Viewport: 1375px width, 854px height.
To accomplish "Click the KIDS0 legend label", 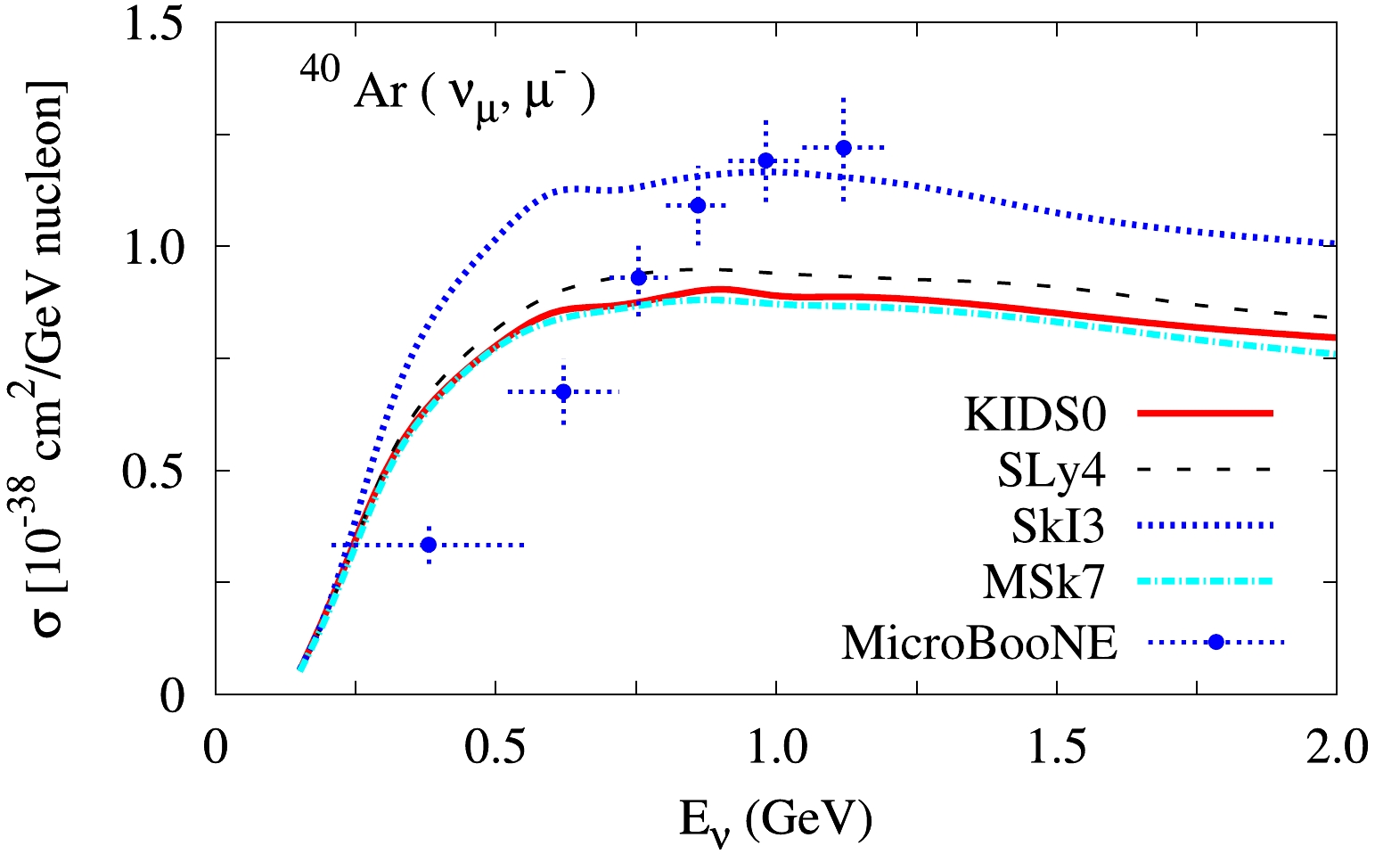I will [x=1035, y=415].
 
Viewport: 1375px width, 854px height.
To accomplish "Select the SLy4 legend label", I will [x=1051, y=472].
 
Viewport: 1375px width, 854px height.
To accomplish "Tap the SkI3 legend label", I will [x=1058, y=528].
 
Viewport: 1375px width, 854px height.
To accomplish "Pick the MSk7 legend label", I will [x=1044, y=584].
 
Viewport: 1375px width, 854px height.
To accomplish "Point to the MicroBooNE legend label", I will [x=978, y=643].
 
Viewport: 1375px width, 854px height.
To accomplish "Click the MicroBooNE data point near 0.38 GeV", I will [x=429, y=545].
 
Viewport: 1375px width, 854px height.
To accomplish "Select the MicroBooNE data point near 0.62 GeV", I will [x=563, y=391].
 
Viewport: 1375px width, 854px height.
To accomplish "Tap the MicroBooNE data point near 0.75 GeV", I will [x=638, y=278].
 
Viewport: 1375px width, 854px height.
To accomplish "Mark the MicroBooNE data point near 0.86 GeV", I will [x=698, y=206].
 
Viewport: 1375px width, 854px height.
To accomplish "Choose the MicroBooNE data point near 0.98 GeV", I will [x=765, y=160].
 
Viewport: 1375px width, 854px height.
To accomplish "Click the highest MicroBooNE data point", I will [x=843, y=148].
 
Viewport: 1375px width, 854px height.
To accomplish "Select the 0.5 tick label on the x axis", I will [x=495, y=747].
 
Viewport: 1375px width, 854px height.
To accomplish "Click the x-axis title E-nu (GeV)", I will [x=775, y=817].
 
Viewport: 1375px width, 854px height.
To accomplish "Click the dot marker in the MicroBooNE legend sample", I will [x=1217, y=641].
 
